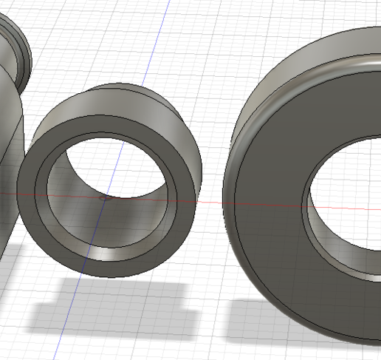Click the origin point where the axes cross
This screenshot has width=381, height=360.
point(105,197)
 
